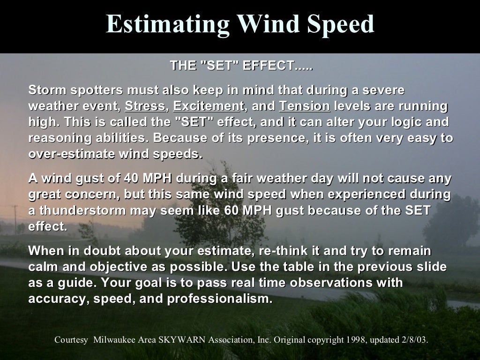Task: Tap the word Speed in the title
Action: click(340, 24)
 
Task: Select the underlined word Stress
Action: click(145, 106)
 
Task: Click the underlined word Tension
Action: click(305, 106)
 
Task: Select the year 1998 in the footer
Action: click(354, 340)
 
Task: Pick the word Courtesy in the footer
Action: click(71, 340)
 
